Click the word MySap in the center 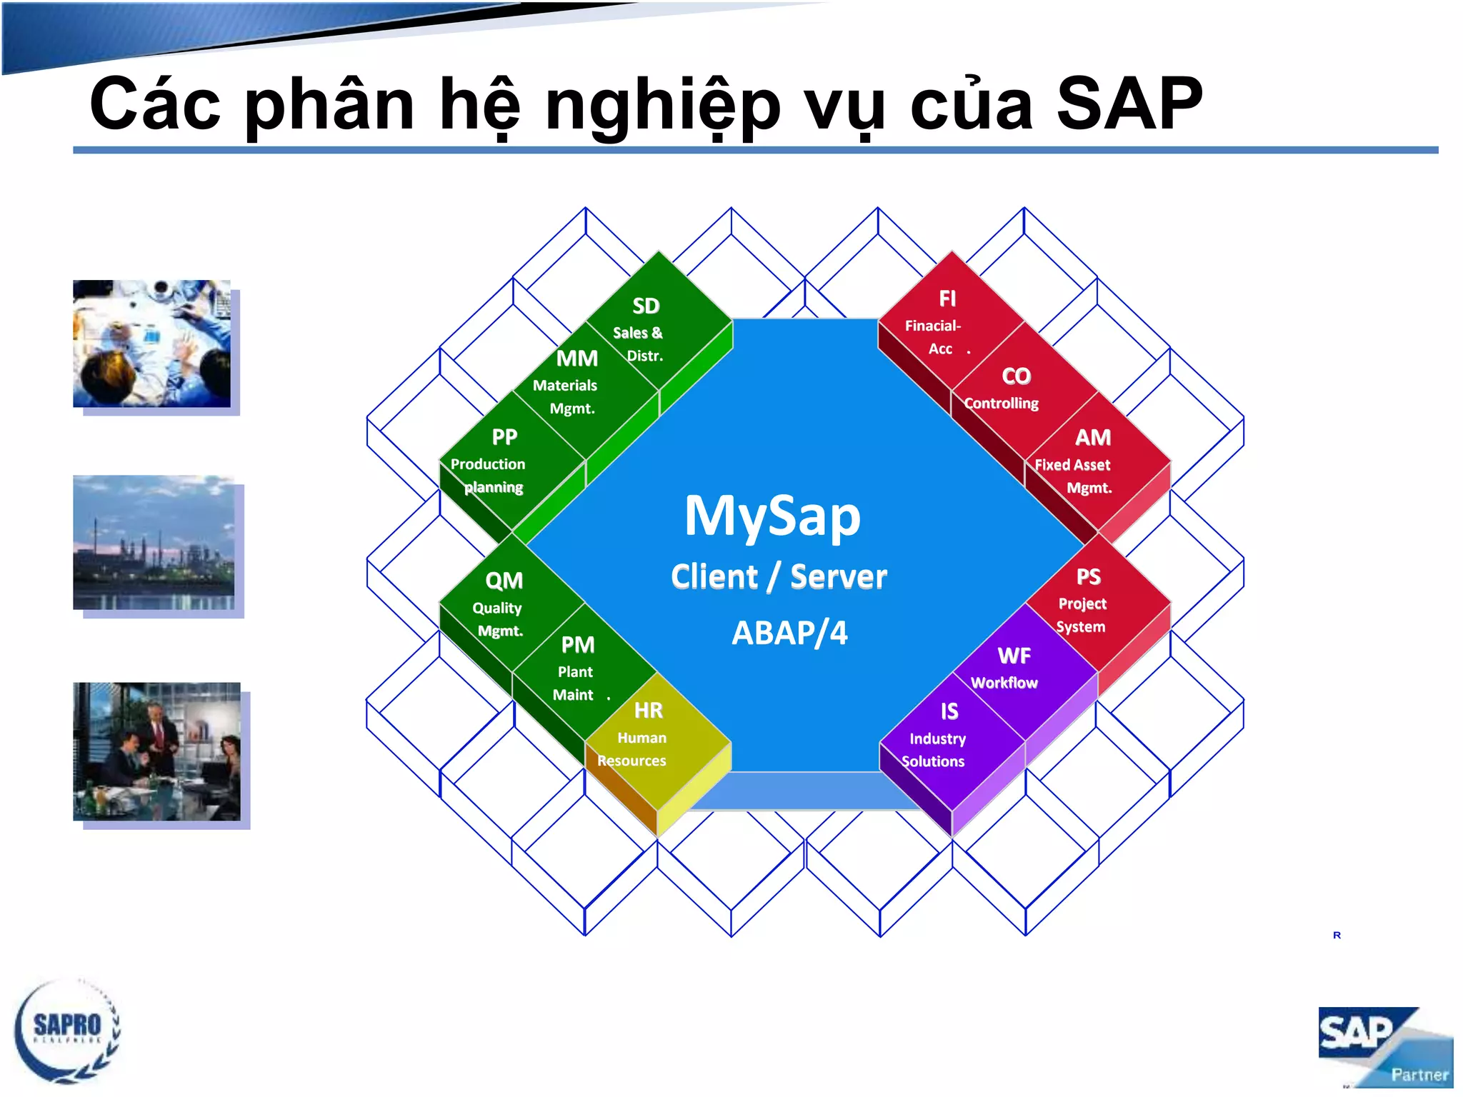772,516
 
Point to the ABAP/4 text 789,633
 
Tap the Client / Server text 779,577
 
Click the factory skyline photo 154,543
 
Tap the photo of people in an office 156,751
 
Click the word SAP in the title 1129,105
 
